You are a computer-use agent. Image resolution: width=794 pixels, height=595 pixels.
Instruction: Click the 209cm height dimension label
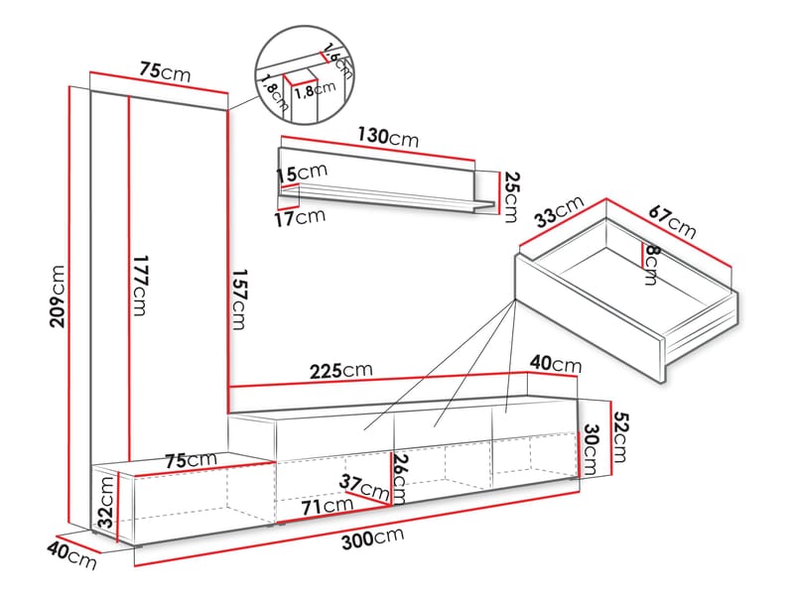pyautogui.click(x=58, y=296)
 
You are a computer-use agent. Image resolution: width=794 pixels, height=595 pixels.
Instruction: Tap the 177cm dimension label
pyautogui.click(x=139, y=286)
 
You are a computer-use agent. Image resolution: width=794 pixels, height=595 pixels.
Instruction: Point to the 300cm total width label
pyautogui.click(x=373, y=537)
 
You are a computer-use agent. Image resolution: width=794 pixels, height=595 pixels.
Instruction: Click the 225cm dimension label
pyautogui.click(x=341, y=371)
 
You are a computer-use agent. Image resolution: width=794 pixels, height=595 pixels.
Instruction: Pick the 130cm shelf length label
pyautogui.click(x=388, y=137)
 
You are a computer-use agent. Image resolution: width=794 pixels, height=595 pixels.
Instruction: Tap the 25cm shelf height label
pyautogui.click(x=512, y=197)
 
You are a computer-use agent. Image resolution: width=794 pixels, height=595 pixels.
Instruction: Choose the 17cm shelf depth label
pyautogui.click(x=301, y=218)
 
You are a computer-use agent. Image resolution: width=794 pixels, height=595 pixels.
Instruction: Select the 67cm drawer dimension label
pyautogui.click(x=673, y=220)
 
